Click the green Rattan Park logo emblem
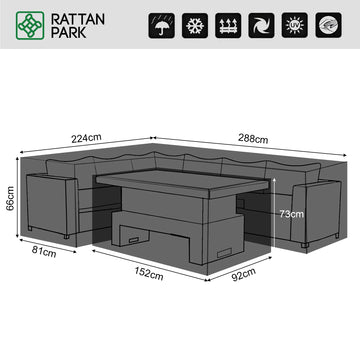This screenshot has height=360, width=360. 30,26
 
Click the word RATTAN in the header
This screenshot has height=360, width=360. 78,19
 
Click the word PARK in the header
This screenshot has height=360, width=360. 69,32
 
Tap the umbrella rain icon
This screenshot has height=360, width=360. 161,25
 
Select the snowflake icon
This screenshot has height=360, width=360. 195,25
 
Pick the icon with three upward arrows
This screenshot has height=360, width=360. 228,25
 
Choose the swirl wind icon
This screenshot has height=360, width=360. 261,25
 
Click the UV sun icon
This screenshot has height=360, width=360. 295,25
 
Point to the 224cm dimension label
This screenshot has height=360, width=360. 86,138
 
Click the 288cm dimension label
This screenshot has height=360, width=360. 253,138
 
